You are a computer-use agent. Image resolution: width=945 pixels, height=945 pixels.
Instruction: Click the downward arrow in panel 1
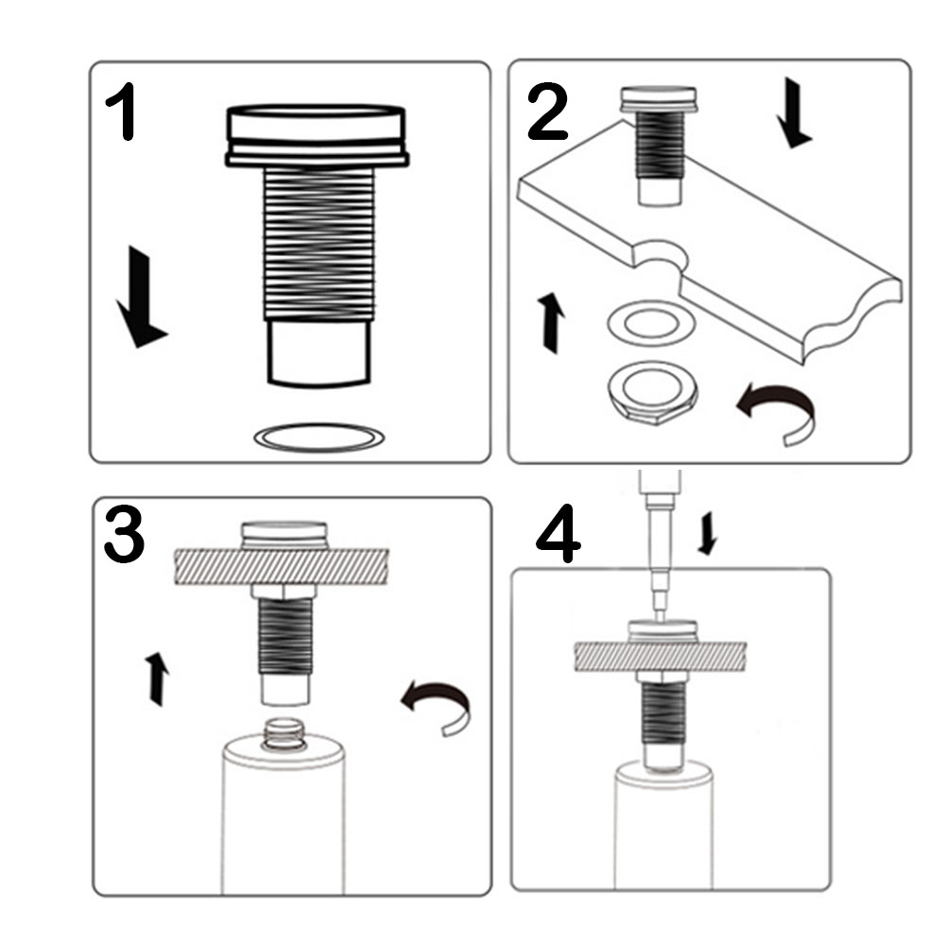(140, 298)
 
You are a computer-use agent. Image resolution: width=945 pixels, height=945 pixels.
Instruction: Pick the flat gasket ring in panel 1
(319, 438)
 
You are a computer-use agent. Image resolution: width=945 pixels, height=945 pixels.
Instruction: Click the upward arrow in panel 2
(551, 321)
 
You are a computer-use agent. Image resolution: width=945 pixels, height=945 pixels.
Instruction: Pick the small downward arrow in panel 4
(707, 535)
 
